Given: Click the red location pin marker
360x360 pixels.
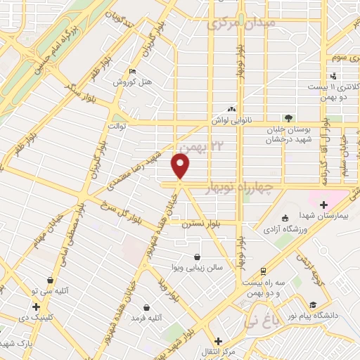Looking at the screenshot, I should (181, 166).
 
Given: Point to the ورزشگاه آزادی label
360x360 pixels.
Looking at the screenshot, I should (288, 229).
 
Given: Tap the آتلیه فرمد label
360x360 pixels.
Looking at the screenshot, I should (146, 318).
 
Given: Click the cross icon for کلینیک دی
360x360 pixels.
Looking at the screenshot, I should (36, 307).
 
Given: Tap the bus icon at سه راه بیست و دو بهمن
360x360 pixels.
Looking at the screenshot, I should (263, 270).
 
